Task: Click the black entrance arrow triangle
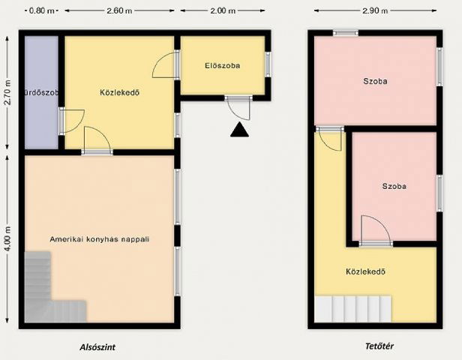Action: [239, 130]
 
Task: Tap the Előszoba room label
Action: [222, 65]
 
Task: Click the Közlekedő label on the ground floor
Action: [121, 93]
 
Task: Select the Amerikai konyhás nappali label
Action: [100, 239]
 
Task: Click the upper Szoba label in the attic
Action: [375, 81]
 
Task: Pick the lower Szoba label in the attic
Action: [394, 186]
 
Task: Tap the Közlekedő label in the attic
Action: [365, 271]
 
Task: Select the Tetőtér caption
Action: [379, 346]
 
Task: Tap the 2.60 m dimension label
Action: [121, 11]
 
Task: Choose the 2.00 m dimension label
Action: [221, 11]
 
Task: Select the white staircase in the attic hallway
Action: [353, 308]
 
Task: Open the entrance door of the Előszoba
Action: [238, 107]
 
